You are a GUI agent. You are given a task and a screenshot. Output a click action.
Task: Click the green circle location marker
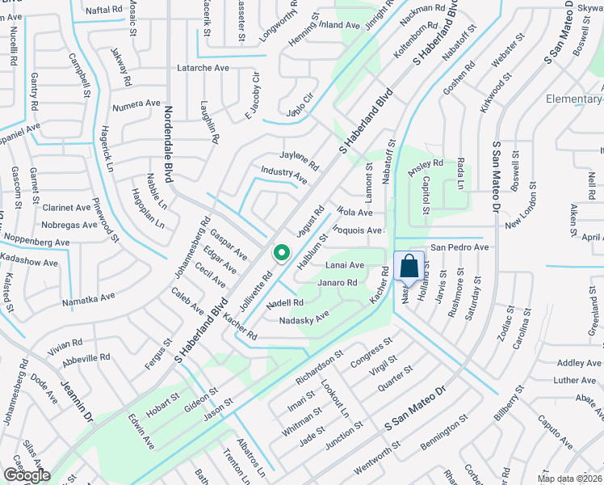(x=281, y=254)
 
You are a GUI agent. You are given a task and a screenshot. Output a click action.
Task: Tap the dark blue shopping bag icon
(x=409, y=265)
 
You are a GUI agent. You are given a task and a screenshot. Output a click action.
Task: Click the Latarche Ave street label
(x=203, y=68)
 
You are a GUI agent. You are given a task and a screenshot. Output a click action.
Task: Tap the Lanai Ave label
(x=345, y=265)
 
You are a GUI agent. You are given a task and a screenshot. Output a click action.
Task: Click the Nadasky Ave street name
(x=304, y=319)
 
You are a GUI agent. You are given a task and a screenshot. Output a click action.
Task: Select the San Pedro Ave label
(x=459, y=247)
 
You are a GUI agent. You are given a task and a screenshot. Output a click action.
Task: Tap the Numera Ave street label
(x=136, y=103)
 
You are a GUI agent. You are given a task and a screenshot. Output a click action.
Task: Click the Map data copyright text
(x=570, y=479)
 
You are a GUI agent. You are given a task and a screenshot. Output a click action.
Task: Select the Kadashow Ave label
(x=28, y=264)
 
